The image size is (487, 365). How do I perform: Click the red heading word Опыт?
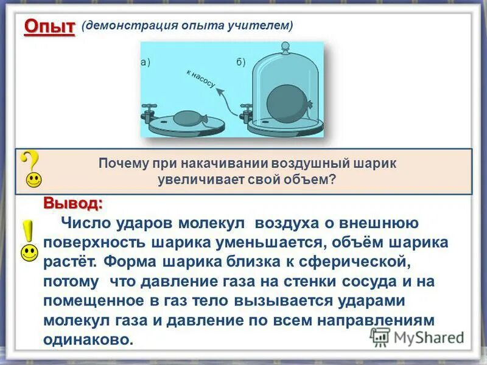pos(49,27)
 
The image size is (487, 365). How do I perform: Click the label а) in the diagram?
pos(145,62)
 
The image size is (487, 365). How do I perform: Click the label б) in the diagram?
pos(240,62)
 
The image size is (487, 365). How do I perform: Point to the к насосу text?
pos(200,78)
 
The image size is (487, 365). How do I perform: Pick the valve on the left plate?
pos(148,113)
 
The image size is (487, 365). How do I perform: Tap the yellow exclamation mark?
pos(28,234)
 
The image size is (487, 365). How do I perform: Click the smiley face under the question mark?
pos(34,180)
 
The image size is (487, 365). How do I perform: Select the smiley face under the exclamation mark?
pos(29,253)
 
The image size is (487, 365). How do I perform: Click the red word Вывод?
pos(72,202)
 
